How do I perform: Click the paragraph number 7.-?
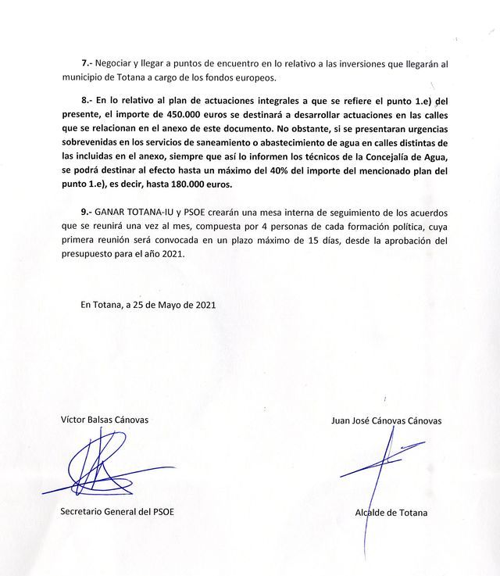pyautogui.click(x=87, y=63)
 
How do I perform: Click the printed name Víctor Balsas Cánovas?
pyautogui.click(x=105, y=419)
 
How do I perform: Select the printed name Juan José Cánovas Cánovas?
pyautogui.click(x=386, y=420)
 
